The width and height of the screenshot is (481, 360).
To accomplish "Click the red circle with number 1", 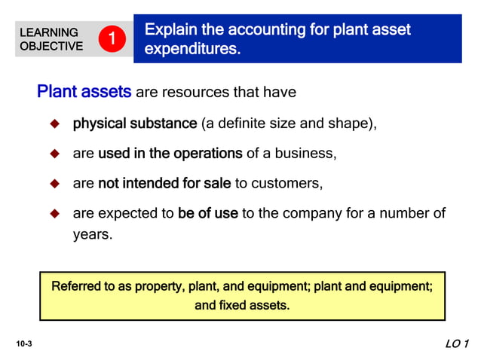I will point(111,38).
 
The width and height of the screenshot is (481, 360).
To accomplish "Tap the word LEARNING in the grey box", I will point(48,32).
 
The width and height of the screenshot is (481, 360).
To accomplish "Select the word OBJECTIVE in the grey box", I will point(51,46).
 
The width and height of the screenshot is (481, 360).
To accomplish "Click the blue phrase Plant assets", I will point(84,93).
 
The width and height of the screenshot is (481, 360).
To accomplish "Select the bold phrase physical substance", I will point(135,124).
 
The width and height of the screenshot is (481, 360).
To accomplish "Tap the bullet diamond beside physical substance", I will point(54,124).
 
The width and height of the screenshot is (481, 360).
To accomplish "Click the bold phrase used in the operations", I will point(170,154).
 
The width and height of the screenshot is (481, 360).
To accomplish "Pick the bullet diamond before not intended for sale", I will point(54,184).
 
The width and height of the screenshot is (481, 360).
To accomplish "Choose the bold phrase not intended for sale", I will point(164,184).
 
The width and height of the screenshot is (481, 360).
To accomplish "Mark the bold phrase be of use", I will point(207,214).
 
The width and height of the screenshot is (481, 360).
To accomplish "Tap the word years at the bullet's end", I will point(91,234).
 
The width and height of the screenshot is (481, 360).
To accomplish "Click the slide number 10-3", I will point(23,344).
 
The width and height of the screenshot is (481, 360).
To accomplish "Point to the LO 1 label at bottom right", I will point(457,344).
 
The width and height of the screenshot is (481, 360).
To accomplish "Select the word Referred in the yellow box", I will point(76,287).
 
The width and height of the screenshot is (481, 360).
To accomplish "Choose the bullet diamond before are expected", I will point(54,214).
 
